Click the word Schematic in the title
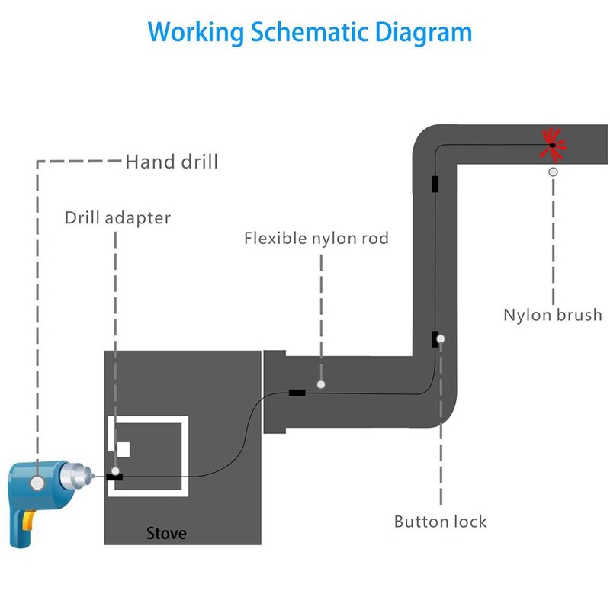click(x=309, y=32)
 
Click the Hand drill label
click(x=172, y=162)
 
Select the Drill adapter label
click(x=117, y=218)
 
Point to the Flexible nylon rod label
click(x=316, y=238)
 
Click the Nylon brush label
click(x=552, y=315)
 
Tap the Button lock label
click(x=441, y=522)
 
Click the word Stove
click(x=166, y=533)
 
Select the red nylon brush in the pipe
click(x=552, y=145)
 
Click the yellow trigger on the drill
click(x=28, y=521)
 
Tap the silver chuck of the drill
click(x=76, y=475)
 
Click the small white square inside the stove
click(x=124, y=450)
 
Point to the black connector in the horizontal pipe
click(x=297, y=393)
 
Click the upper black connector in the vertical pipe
click(x=435, y=184)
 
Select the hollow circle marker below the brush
click(x=553, y=172)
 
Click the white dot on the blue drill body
click(x=37, y=483)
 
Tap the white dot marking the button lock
click(x=441, y=339)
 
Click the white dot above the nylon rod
click(x=321, y=384)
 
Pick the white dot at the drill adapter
click(x=115, y=471)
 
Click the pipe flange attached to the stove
click(x=274, y=392)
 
